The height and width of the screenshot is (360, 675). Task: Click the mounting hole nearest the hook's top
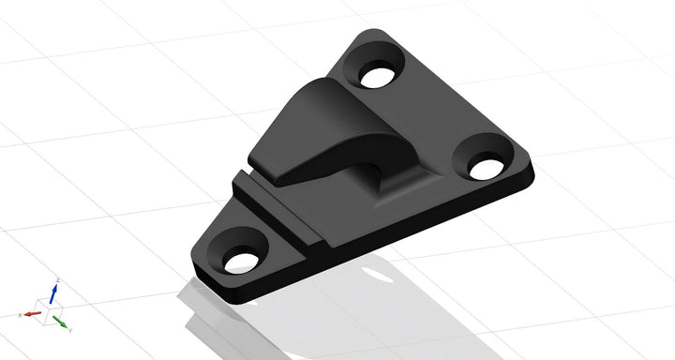[x=377, y=75]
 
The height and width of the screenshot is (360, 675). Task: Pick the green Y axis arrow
[x=61, y=322]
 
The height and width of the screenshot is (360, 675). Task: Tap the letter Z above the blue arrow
[x=56, y=279]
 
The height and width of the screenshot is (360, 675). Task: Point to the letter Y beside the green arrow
[x=71, y=331]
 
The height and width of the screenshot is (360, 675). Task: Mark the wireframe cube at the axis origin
[x=49, y=310]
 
